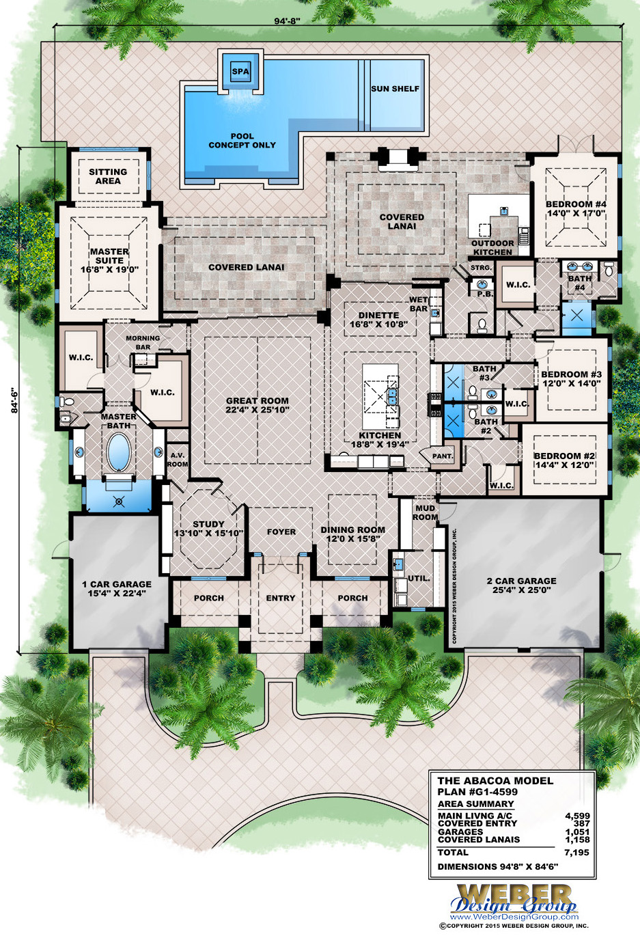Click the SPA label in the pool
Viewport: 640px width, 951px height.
(240, 72)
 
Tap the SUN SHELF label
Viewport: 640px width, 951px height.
(395, 89)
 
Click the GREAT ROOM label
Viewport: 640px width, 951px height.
(258, 405)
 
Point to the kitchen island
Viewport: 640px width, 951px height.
(380, 389)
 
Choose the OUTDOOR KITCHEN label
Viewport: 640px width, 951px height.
(492, 247)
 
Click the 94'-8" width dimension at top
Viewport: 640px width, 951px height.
(287, 21)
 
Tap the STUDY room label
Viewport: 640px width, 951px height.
(208, 528)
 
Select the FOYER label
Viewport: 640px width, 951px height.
(281, 532)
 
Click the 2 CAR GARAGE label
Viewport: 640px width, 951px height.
(521, 585)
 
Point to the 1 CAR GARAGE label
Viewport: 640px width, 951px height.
(117, 588)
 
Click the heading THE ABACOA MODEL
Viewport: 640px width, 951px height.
(495, 780)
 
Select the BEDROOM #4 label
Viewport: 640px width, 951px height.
(576, 208)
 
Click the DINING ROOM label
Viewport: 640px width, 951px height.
(352, 534)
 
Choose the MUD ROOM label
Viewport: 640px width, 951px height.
(425, 512)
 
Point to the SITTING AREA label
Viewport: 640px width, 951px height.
(108, 176)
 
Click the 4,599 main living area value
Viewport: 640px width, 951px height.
(577, 816)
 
